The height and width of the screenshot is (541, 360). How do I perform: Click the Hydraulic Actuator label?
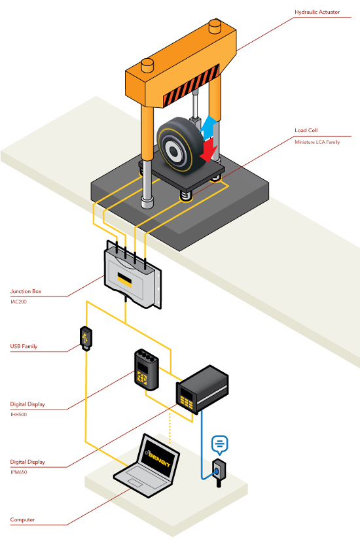317,12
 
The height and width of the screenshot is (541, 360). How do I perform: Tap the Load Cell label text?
306,130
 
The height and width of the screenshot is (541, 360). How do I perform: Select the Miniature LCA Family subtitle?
317,142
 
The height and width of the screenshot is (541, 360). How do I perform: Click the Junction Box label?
26,291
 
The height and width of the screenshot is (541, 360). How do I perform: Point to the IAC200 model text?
18,302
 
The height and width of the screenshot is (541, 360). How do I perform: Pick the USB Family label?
24,347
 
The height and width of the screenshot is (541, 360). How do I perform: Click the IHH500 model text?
18,414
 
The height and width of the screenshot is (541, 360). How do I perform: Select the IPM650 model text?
18,472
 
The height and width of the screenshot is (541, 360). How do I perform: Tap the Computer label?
22,519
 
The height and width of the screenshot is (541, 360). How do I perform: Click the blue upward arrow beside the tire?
209,128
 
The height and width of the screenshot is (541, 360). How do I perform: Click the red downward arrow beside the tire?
209,150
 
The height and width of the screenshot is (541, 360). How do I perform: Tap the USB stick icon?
86,338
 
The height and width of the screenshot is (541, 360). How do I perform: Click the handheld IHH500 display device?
146,370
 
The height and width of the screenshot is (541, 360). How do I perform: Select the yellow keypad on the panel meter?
187,402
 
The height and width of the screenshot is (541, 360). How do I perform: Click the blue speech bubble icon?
219,444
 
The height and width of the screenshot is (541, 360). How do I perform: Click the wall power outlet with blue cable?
219,471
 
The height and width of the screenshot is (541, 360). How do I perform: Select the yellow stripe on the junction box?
124,279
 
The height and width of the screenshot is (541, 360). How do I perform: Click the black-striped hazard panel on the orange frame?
191,85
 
